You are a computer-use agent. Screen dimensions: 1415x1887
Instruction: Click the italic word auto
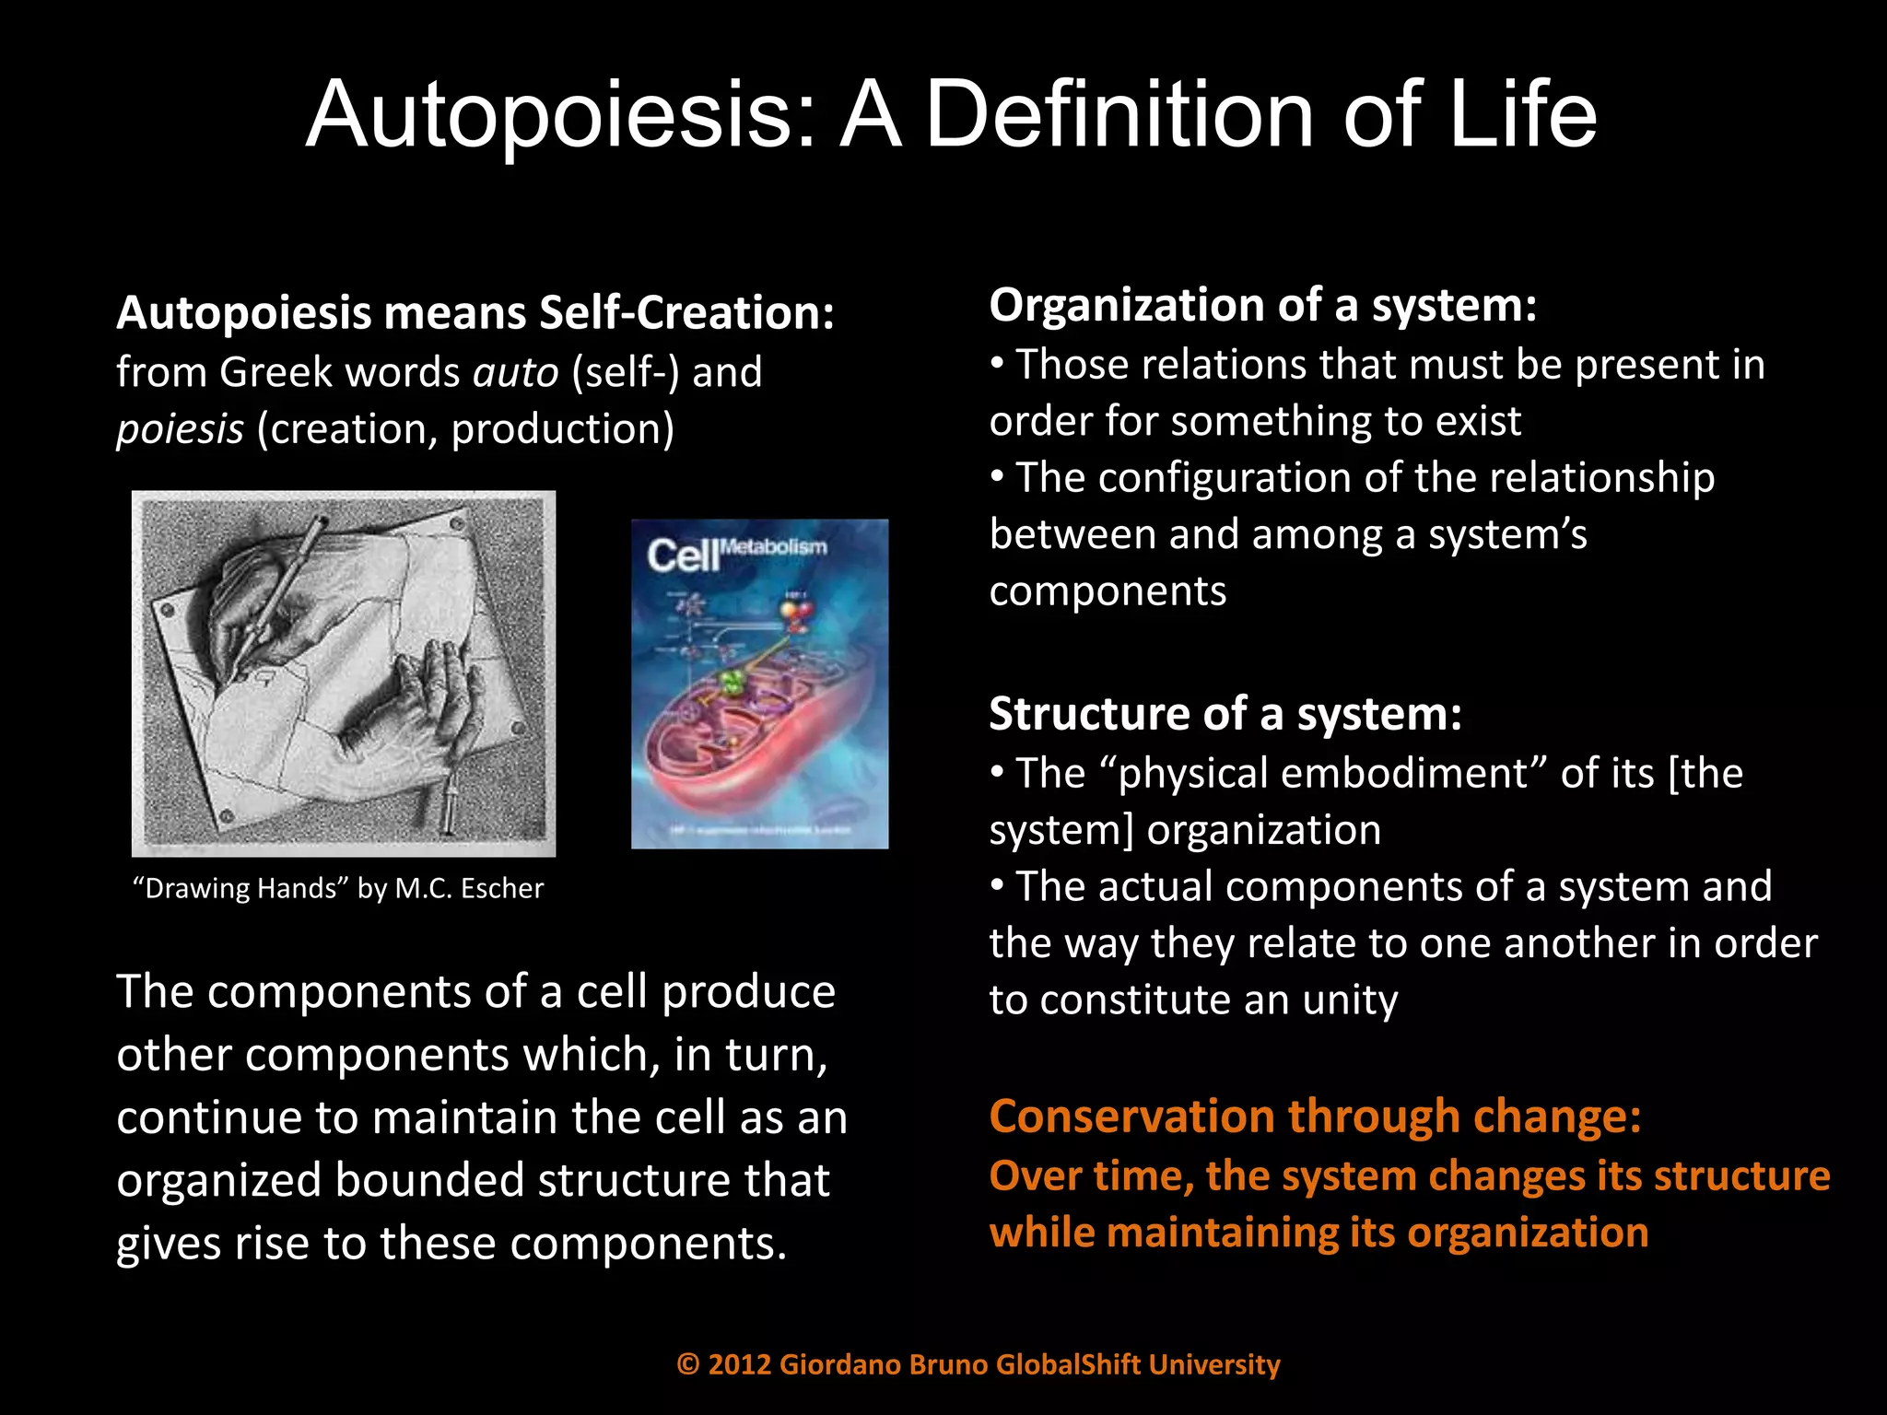[x=515, y=372]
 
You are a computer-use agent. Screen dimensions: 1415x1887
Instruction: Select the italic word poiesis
[x=180, y=429]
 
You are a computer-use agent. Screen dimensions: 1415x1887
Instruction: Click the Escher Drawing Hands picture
[x=344, y=672]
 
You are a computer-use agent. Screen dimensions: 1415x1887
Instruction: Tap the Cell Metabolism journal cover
[x=759, y=684]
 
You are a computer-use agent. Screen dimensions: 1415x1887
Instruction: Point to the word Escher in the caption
[x=501, y=888]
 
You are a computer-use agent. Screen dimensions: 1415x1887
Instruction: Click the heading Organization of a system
[x=1262, y=305]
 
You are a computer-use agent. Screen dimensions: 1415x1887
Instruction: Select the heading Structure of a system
[x=1225, y=714]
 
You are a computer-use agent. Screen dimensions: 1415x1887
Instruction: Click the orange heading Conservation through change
[x=1315, y=1117]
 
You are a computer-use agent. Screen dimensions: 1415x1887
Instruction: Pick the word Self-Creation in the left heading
[x=686, y=313]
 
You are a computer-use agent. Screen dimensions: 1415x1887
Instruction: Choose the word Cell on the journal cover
[x=682, y=555]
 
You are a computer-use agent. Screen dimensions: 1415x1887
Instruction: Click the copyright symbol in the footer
[x=688, y=1364]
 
